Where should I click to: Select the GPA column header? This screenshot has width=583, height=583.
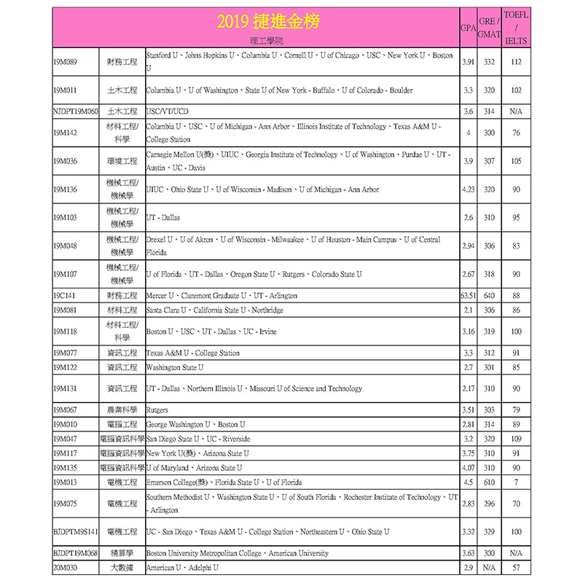[469, 28]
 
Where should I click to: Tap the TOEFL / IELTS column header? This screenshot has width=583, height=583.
[516, 28]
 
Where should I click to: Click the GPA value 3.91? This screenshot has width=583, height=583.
[469, 62]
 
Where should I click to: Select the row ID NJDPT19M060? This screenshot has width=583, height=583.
[76, 111]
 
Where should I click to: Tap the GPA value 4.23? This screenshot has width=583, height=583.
[469, 189]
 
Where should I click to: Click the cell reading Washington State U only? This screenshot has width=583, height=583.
[175, 367]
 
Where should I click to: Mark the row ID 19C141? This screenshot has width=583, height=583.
[65, 295]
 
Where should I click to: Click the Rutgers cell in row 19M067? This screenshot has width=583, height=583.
[157, 410]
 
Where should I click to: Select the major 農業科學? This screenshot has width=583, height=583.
[122, 410]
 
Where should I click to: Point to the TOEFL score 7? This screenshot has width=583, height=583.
[516, 482]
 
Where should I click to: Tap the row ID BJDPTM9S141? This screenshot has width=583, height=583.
[75, 532]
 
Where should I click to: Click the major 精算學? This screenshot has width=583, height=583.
[122, 553]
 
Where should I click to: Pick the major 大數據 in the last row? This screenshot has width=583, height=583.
[122, 567]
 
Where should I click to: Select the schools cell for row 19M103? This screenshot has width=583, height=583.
[163, 217]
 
